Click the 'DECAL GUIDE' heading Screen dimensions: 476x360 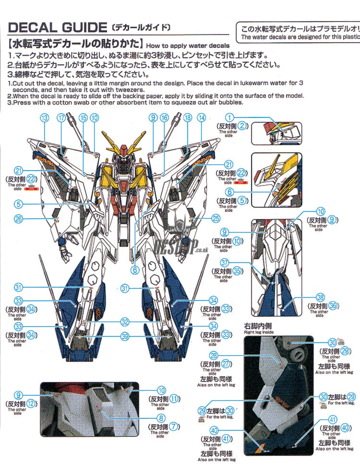coord(57,28)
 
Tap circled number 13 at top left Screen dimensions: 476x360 coord(44,118)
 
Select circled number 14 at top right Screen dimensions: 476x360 coord(202,118)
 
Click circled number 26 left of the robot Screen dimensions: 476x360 coord(18,219)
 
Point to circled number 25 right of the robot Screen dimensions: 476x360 coord(216,218)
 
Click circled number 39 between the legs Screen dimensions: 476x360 coord(125,336)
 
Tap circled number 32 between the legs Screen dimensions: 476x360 coord(125,322)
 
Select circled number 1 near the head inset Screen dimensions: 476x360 coord(229,118)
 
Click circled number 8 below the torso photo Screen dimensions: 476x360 coord(161,418)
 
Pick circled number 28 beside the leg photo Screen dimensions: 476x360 coord(214,356)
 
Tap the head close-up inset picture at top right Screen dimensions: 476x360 coord(276,134)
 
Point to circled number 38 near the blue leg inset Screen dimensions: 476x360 coord(320,297)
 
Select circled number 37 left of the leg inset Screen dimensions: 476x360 coord(225,263)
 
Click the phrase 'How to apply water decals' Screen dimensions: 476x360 coord(188,46)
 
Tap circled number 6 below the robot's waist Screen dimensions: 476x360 coord(135,270)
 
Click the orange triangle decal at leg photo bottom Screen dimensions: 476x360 coord(262,446)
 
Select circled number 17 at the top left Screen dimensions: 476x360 coord(61,118)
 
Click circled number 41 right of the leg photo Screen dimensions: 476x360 coord(333,420)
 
